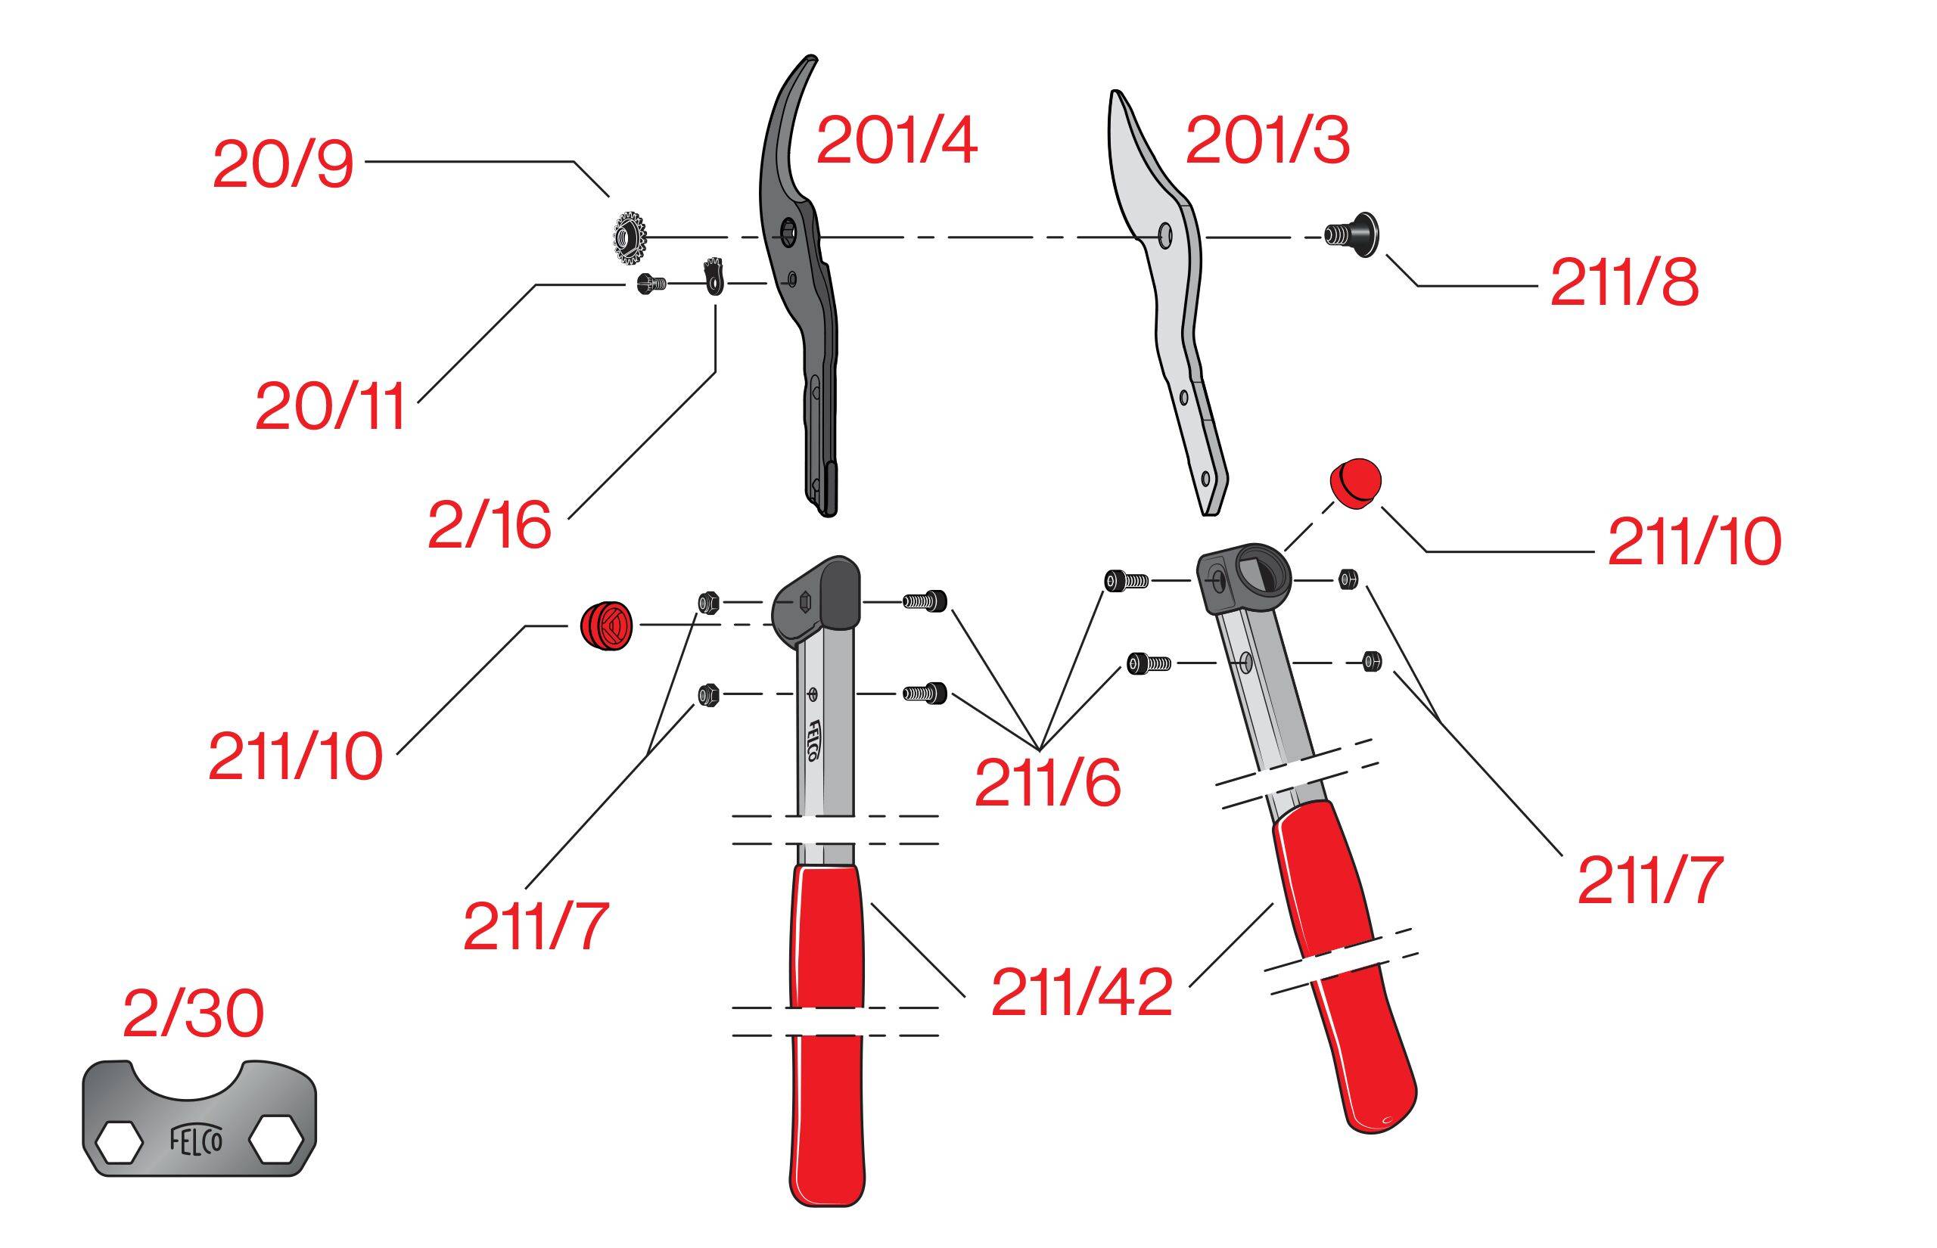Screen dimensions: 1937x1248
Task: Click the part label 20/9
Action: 283,165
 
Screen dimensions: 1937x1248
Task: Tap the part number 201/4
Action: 897,140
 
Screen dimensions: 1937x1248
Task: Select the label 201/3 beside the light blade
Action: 1267,140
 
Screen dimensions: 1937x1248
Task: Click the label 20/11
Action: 330,407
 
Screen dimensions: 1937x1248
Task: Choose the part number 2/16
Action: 490,524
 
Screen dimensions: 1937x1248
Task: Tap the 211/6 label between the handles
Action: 1047,782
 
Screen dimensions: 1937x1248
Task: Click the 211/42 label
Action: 1082,992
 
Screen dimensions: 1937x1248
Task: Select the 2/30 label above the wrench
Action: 193,1013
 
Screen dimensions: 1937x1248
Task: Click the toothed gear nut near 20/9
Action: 630,237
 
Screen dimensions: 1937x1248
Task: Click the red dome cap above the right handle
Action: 1355,483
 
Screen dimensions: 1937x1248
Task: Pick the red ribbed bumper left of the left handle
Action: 605,625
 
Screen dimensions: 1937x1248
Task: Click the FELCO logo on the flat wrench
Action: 197,1139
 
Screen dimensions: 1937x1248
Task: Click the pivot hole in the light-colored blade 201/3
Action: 1164,235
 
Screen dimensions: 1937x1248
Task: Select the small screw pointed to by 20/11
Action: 651,284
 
